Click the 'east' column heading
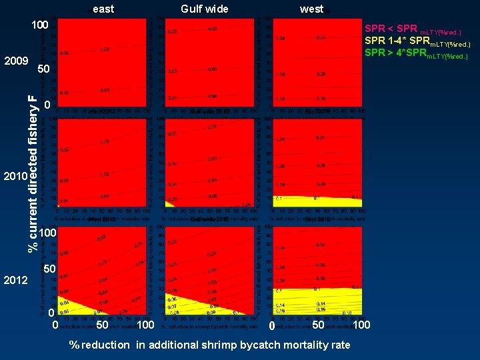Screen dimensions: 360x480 click(x=103, y=9)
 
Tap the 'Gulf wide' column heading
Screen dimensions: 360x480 click(x=205, y=9)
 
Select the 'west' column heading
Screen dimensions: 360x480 click(x=311, y=9)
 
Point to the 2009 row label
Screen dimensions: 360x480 click(x=15, y=61)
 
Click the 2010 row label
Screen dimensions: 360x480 click(x=15, y=177)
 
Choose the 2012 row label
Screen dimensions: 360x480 click(x=15, y=280)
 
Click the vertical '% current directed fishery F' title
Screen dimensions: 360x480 click(x=32, y=172)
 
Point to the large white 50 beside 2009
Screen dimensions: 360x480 click(x=44, y=70)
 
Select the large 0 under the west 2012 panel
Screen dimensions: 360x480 click(x=271, y=325)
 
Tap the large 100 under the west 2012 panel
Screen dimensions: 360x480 click(x=361, y=325)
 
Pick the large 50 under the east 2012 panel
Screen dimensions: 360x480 click(x=102, y=325)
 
